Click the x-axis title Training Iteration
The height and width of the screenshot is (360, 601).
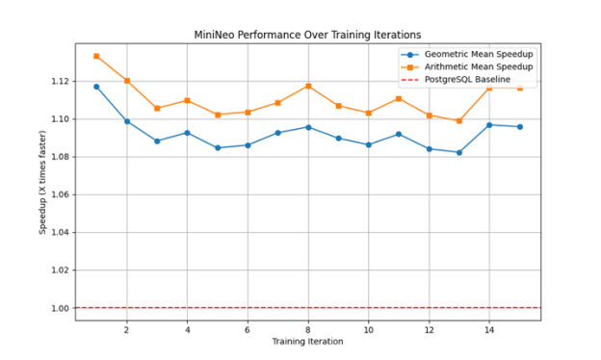tap(307, 342)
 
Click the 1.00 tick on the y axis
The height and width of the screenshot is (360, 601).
tap(60, 308)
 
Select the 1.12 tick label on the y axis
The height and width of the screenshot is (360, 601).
tap(60, 81)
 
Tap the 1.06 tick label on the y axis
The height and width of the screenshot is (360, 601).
tap(60, 194)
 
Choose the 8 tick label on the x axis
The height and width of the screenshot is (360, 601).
tap(308, 329)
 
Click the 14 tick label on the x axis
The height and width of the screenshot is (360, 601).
tap(489, 329)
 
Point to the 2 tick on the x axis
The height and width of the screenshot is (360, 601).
tap(126, 329)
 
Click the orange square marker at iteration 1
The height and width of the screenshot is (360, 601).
tap(96, 56)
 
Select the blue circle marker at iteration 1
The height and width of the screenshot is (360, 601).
tap(96, 87)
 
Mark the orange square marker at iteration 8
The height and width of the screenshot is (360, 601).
tap(308, 86)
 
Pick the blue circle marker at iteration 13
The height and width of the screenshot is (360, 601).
tap(459, 152)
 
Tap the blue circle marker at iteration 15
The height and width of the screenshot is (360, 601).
tap(519, 127)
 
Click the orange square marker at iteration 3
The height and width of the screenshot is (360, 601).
tap(157, 108)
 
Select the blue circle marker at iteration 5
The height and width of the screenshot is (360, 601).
tap(218, 147)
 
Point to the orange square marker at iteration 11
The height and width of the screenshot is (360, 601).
tap(399, 98)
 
